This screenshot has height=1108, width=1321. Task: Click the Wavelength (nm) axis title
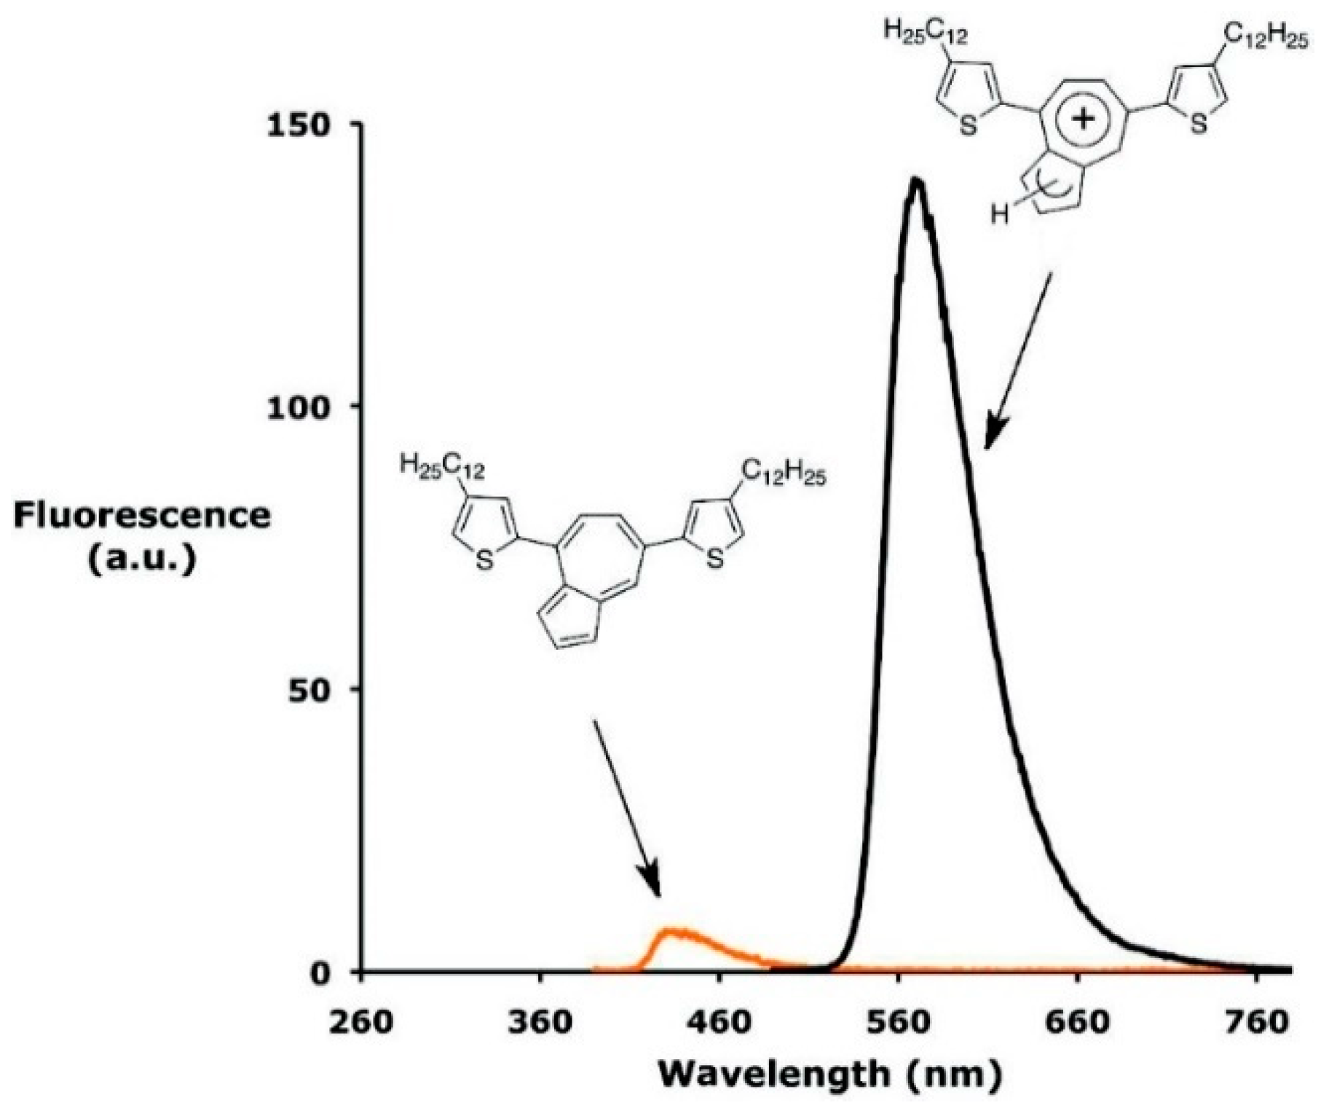pos(830,1074)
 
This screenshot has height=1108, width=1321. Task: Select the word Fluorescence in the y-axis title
pos(143,516)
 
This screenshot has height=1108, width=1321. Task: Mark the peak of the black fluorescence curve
pos(917,180)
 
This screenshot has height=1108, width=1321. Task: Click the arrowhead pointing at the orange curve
pos(650,884)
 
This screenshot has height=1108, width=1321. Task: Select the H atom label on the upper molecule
pos(1000,215)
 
